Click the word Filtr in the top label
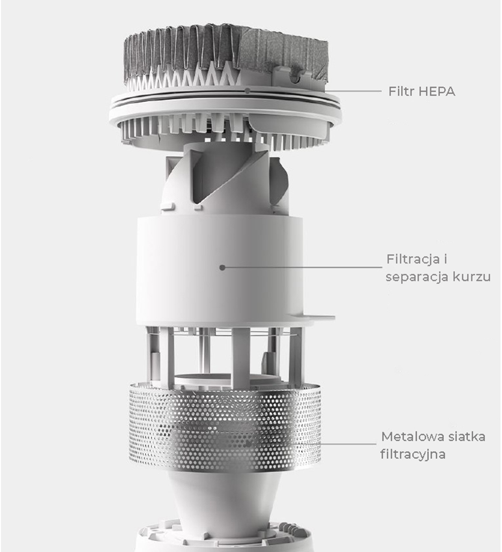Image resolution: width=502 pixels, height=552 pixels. tap(402, 91)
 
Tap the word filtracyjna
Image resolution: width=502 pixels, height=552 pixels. tap(413, 454)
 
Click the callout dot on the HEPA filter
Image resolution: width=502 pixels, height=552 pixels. tap(247, 91)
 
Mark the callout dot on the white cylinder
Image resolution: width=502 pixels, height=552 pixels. tap(222, 267)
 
